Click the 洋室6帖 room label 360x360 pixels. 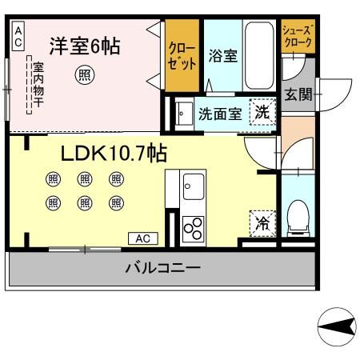(x=85, y=46)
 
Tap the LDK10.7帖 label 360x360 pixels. (x=114, y=153)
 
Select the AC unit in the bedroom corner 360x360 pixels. (x=18, y=36)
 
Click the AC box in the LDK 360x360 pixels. (x=143, y=238)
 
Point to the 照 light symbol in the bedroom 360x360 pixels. (x=85, y=75)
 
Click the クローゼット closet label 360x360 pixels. (x=182, y=56)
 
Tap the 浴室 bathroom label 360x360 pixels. (x=223, y=55)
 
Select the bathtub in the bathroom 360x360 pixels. (x=259, y=55)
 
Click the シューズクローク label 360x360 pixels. (x=298, y=36)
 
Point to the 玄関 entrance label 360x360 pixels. (x=298, y=94)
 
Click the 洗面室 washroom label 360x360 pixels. (x=220, y=114)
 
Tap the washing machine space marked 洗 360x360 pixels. (x=262, y=112)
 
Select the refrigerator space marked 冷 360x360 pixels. (x=262, y=223)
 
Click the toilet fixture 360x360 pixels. (x=298, y=218)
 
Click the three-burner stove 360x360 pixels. (x=193, y=228)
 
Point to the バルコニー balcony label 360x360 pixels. (x=163, y=267)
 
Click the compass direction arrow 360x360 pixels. (x=337, y=326)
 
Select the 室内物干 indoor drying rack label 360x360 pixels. (x=38, y=85)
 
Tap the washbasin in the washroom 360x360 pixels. (x=184, y=114)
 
